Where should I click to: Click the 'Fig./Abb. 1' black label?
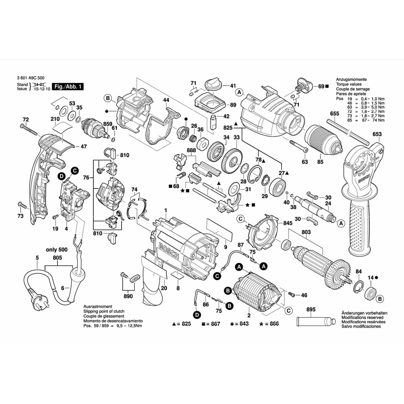pyautogui.click(x=68, y=87)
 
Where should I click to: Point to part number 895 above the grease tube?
pyautogui.click(x=311, y=310)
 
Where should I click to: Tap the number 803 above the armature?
pyautogui.click(x=306, y=232)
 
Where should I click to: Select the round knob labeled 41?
pyautogui.click(x=212, y=85)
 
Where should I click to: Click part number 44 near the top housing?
pyautogui.click(x=166, y=100)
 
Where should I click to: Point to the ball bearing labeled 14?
pyautogui.click(x=370, y=292)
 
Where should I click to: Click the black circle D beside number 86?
pyautogui.click(x=197, y=314)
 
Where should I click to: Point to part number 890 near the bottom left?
pyautogui.click(x=128, y=296)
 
